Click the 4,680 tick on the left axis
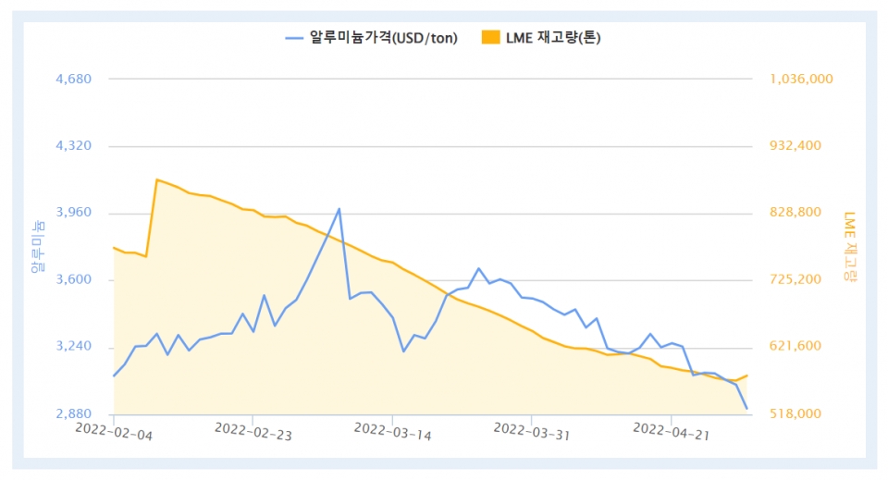(x=74, y=80)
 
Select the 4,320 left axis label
(x=74, y=146)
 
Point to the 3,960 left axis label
(x=74, y=213)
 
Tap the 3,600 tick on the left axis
(x=74, y=279)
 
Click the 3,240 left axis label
(x=74, y=346)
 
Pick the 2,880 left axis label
(x=74, y=413)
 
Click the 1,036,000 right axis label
(x=801, y=80)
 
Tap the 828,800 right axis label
(x=795, y=213)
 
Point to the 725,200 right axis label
(x=795, y=279)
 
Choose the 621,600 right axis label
(x=795, y=346)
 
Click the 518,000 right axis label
(x=795, y=413)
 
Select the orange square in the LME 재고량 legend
(x=490, y=38)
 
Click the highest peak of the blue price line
(x=339, y=209)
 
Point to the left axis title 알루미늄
(x=37, y=246)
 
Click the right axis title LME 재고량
(x=851, y=246)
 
